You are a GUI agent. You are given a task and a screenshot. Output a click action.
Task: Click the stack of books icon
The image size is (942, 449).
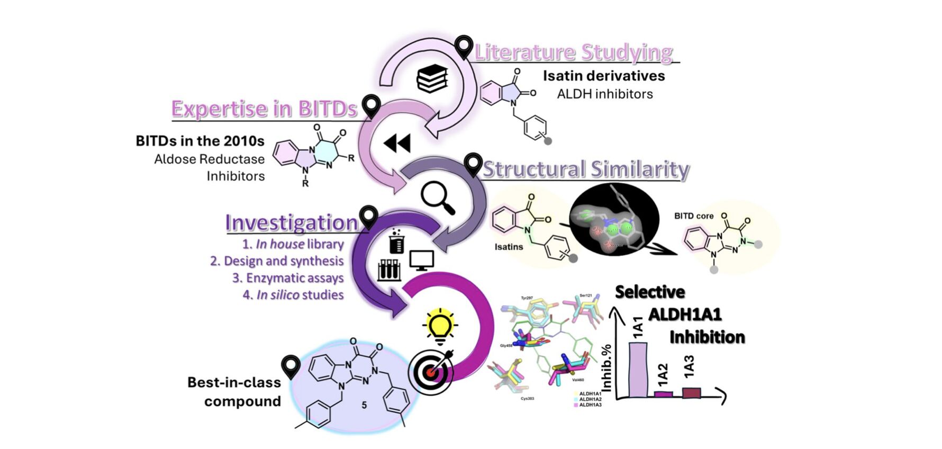click(x=432, y=78)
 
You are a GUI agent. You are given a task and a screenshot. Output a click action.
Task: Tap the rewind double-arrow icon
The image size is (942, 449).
click(x=397, y=143)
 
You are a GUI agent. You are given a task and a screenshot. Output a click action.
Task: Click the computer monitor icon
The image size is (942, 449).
click(x=422, y=260)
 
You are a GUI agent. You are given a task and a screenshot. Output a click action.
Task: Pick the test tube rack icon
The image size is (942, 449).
click(x=389, y=270)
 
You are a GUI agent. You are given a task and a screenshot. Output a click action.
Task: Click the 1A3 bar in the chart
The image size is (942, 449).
click(x=691, y=392)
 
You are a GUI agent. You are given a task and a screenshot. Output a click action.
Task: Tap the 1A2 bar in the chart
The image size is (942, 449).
click(x=664, y=394)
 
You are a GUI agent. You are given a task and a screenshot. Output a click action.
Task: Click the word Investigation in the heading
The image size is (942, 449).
click(x=292, y=223)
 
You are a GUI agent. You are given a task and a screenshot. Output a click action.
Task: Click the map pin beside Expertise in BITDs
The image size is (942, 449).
click(x=372, y=106)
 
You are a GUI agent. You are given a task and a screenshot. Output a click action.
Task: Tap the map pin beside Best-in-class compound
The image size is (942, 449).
click(x=291, y=366)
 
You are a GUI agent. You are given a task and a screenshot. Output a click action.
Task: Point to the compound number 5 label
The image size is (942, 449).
click(x=364, y=405)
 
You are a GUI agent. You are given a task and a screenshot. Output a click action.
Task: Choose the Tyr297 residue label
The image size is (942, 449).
click(x=527, y=298)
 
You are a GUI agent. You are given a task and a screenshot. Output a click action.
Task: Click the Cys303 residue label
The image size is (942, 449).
click(x=527, y=398)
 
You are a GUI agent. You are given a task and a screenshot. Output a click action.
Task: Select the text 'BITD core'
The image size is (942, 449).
click(x=693, y=216)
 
